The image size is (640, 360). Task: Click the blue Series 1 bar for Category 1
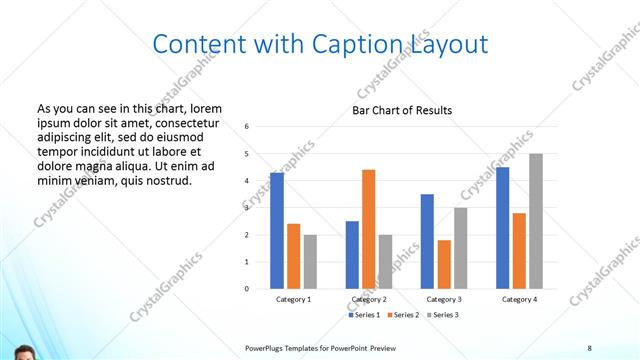[277, 231]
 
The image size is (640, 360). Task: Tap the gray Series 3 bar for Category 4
[536, 221]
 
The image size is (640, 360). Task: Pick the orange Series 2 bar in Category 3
[444, 264]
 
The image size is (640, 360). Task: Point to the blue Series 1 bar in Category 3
[427, 241]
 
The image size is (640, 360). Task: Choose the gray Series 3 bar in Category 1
[310, 262]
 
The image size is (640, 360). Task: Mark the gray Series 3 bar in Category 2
[386, 262]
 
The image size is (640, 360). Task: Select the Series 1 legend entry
[365, 315]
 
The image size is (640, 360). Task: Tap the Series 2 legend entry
[402, 315]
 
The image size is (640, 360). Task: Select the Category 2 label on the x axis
[369, 299]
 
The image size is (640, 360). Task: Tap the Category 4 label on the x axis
[519, 299]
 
